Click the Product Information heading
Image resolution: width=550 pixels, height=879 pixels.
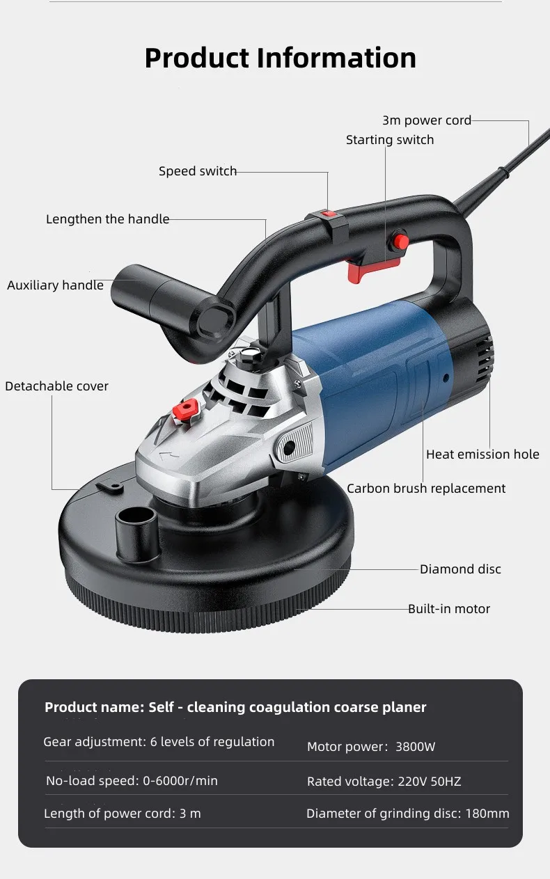(x=280, y=58)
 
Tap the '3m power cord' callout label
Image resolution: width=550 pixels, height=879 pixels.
(x=426, y=120)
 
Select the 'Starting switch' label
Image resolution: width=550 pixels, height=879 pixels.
(x=389, y=140)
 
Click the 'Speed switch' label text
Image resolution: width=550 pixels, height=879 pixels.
(x=198, y=171)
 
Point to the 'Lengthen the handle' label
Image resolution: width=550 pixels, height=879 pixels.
(x=107, y=219)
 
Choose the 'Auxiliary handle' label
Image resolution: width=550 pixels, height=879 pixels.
(x=55, y=285)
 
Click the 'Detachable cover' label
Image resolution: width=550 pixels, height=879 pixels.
(x=56, y=386)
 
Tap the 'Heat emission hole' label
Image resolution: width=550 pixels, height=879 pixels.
(x=482, y=454)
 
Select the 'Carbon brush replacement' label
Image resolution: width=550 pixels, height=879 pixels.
(x=426, y=489)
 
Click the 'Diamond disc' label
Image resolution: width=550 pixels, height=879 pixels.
(x=460, y=569)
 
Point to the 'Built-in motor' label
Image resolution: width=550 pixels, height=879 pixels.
(x=449, y=609)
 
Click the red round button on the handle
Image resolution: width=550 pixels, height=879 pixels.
(x=400, y=241)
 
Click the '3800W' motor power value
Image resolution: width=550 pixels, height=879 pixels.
(x=415, y=747)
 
